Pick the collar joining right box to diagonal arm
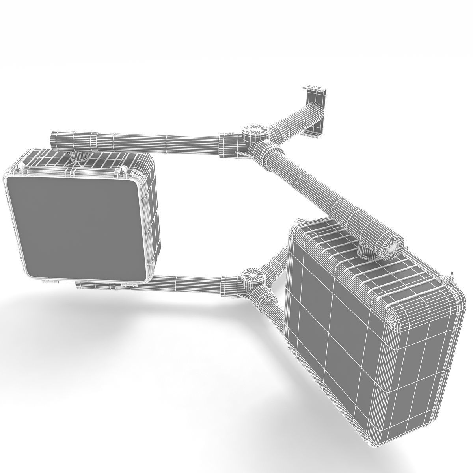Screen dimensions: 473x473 point(366,251)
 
